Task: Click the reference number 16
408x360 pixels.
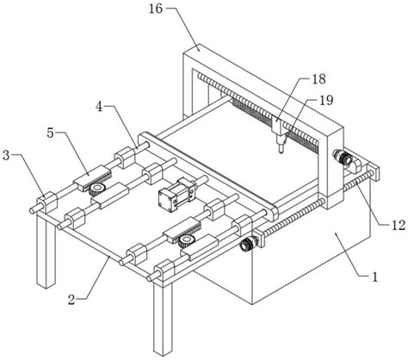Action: point(156,9)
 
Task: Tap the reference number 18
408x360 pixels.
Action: point(318,79)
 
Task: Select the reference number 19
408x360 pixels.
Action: point(326,100)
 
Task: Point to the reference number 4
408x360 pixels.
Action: point(99,107)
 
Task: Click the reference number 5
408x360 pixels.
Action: point(51,133)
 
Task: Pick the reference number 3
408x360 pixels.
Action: point(6,155)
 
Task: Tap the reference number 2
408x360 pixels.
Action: point(71,300)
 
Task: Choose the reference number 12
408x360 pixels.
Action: point(399,226)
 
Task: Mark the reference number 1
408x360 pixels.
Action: point(374,277)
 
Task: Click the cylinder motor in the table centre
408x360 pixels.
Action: point(177,195)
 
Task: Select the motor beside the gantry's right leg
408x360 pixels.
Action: point(343,158)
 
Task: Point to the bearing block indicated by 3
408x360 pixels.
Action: point(46,202)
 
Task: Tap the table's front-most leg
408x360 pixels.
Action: point(163,319)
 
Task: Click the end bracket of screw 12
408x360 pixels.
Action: point(374,171)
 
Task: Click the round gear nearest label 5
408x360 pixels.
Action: point(97,189)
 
